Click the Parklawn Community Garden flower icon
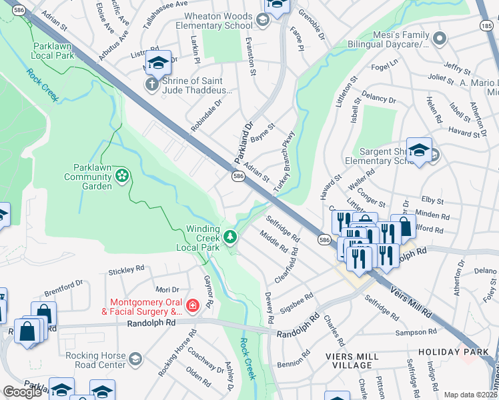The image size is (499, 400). coord(122,175)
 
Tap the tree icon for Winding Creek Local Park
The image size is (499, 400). coord(230,236)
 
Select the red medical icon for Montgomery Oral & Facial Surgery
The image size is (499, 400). coord(193,305)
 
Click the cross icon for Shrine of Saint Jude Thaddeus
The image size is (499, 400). coord(151,85)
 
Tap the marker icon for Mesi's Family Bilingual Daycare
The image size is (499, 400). coord(438,39)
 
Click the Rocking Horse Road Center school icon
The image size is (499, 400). coord(135,360)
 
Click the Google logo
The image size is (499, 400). coord(23,392)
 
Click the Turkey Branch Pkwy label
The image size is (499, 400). coord(284,160)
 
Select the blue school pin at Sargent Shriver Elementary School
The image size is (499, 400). coord(419,151)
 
